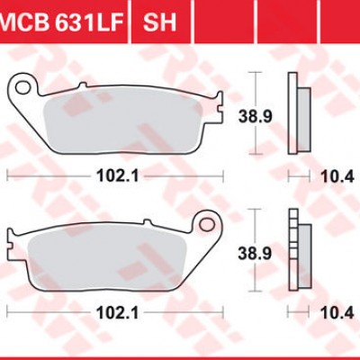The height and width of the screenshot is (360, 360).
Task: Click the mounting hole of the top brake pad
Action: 22,87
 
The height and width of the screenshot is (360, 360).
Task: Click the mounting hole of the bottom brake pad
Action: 207,224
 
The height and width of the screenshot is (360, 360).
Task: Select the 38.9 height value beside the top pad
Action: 256,116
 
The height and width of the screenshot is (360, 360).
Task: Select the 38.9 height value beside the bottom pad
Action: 255,254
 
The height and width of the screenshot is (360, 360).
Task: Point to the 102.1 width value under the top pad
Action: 118,176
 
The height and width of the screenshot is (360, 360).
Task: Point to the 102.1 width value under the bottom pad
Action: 118,314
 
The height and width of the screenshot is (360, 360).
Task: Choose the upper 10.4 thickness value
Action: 337,176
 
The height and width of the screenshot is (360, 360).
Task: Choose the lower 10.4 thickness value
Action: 337,314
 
